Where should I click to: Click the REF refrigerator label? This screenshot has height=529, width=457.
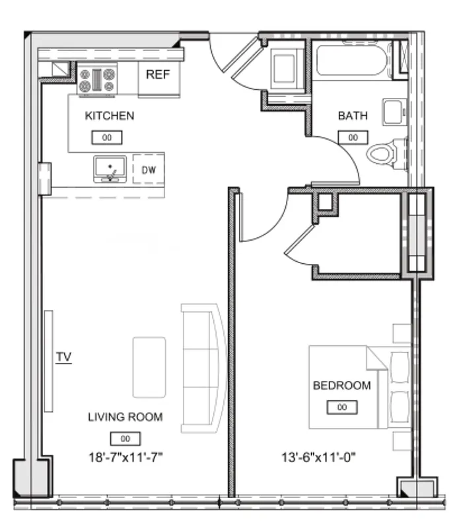158,74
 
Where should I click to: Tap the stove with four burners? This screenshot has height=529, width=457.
98,80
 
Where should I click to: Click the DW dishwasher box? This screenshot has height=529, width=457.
149,169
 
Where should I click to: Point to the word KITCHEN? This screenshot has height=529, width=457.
110,116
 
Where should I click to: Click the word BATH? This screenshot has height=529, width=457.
353,116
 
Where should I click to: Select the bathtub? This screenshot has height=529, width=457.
350,60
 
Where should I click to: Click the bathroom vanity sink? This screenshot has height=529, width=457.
394,112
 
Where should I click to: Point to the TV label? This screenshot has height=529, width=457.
63,357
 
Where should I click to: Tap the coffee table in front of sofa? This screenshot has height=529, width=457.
149,367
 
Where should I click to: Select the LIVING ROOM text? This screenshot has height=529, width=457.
125,417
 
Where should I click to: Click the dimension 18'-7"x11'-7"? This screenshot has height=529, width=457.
125,456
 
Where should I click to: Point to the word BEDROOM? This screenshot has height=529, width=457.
341,386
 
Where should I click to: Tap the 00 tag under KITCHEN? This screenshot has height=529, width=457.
106,138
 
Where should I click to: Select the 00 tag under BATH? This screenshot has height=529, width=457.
353,137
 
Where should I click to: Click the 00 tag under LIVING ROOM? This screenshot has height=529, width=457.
125,438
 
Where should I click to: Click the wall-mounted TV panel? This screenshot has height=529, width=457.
48,360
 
